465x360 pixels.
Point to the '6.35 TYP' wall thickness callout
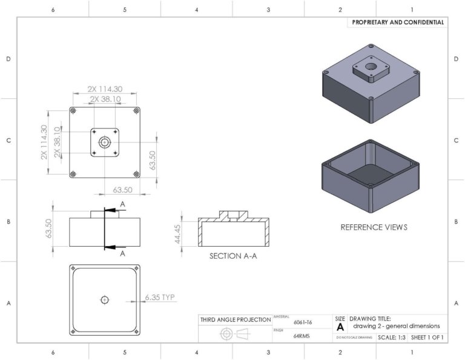point(160,298)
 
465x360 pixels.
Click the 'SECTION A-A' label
point(233,256)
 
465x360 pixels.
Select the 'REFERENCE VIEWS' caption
point(374,227)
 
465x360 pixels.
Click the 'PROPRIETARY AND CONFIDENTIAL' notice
point(398,22)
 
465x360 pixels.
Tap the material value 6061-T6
point(303,324)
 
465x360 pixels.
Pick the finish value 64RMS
point(302,336)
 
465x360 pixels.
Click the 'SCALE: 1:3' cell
point(392,337)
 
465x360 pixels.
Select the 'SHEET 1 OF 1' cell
point(427,337)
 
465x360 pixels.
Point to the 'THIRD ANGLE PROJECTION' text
point(236,319)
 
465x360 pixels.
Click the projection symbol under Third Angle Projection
point(235,334)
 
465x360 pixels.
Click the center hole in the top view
point(105,142)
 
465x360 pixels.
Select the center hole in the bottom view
point(105,299)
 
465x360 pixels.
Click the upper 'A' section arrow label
point(122,205)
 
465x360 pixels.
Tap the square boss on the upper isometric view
point(371,70)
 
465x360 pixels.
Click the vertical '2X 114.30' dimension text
point(44,142)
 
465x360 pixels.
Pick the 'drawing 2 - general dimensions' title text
point(397,326)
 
